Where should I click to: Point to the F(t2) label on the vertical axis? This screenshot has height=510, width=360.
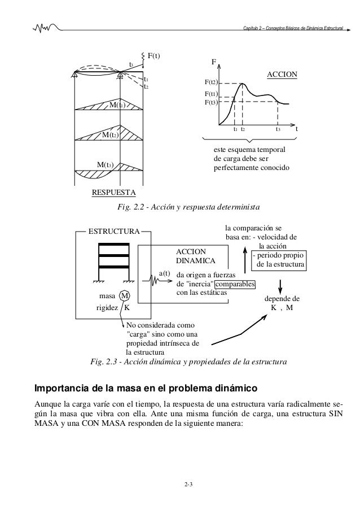(x=211, y=84)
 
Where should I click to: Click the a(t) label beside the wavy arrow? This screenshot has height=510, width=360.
(x=165, y=273)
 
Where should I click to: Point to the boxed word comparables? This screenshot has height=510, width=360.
(x=234, y=284)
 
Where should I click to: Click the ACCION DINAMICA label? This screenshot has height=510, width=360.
(x=195, y=256)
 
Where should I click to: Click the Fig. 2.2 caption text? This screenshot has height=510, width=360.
(x=188, y=208)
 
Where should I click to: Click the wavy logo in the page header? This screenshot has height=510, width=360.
(x=45, y=27)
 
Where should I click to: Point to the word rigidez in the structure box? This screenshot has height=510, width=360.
(x=107, y=308)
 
